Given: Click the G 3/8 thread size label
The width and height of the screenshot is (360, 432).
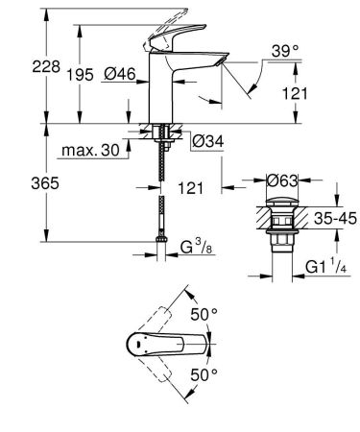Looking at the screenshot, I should [x=197, y=254].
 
